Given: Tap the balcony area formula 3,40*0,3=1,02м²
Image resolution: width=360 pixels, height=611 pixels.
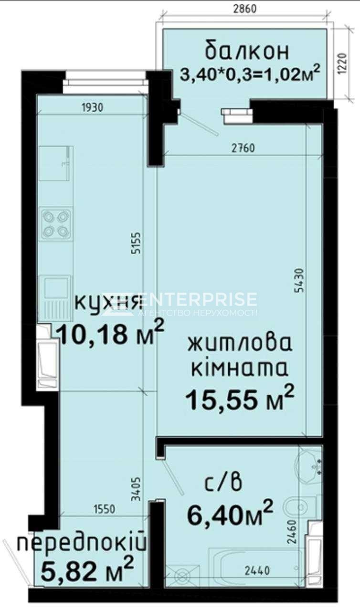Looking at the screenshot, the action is [250, 73].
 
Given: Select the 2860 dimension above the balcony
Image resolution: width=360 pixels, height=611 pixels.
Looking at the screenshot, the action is [245, 9].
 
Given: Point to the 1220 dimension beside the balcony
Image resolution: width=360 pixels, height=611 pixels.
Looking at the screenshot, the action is [343, 63].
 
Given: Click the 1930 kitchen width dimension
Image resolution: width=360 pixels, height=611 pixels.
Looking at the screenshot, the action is [93, 108].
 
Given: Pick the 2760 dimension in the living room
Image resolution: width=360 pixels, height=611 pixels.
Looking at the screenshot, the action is [243, 148].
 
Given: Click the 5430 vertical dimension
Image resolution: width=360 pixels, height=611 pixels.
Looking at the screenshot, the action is [299, 280].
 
